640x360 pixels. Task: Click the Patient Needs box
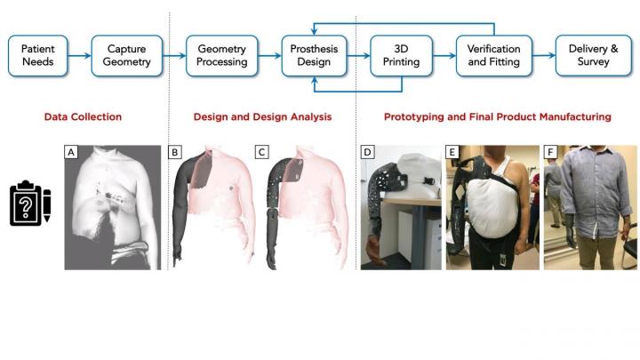(37, 56)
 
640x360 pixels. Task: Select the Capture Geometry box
(126, 56)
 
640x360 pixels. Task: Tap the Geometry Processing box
(221, 56)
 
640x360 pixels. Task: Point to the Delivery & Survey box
(594, 56)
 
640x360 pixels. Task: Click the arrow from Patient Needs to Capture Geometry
(79, 56)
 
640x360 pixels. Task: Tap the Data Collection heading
(84, 116)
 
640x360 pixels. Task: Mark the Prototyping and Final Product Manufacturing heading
(497, 116)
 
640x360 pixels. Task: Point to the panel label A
(69, 152)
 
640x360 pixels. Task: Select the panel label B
(174, 152)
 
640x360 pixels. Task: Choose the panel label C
(261, 152)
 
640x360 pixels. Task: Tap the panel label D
(367, 152)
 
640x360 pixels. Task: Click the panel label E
(453, 152)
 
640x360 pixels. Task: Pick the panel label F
(549, 152)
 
